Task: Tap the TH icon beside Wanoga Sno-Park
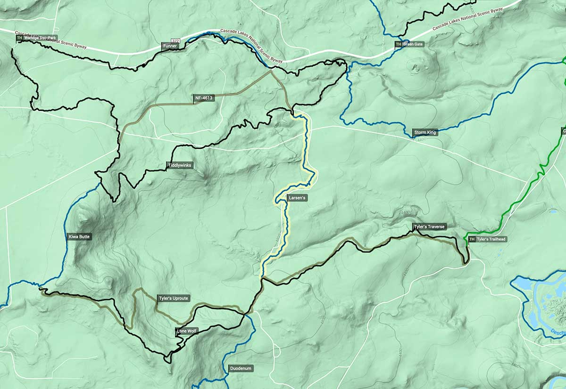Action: click(x=19, y=38)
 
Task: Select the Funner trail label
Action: click(x=170, y=46)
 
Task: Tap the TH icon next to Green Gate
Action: click(x=399, y=44)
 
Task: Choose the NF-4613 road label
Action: click(x=204, y=98)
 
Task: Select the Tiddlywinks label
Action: click(x=180, y=165)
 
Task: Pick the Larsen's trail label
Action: click(x=298, y=198)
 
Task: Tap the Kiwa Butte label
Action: click(x=79, y=236)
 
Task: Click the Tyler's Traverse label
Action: click(x=429, y=227)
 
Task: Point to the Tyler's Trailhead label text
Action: click(x=491, y=239)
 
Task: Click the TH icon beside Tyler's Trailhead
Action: click(x=472, y=239)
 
